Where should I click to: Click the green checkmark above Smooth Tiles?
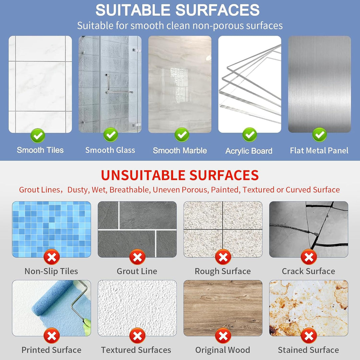38,136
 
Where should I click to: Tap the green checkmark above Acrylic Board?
250,135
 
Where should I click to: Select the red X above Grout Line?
137,257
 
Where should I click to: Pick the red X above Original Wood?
223,336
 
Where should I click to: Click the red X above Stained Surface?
309,336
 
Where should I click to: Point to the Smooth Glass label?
110,150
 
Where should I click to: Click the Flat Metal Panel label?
319,151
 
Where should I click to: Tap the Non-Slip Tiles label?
51,271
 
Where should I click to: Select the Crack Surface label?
309,271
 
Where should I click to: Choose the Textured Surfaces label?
136,350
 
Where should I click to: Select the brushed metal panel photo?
319,84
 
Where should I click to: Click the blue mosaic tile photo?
51,229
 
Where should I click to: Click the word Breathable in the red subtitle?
130,190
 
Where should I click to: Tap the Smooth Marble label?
180,151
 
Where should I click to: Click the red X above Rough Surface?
223,257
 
